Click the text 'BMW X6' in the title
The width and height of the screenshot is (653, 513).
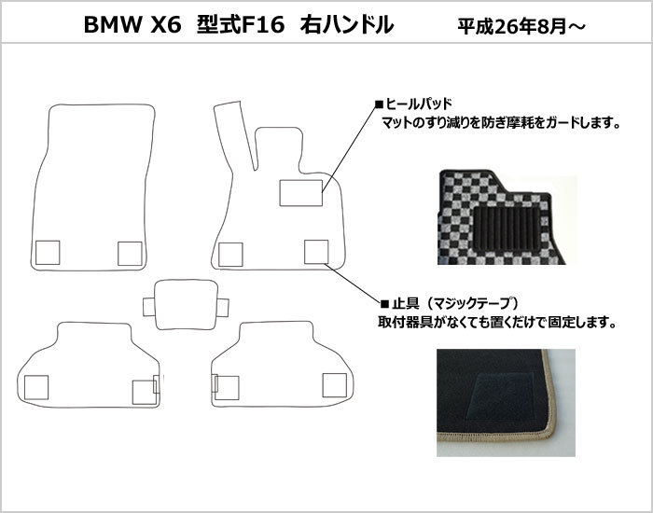coord(132,25)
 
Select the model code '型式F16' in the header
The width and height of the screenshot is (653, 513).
coord(241,25)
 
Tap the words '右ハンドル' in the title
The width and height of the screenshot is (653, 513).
coord(347,25)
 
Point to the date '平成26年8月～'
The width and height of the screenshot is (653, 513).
coord(521,27)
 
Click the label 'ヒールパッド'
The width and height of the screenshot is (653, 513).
coord(418,104)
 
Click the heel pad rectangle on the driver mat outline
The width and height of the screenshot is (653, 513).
coord(300,193)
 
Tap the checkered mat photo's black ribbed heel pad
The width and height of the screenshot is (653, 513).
coord(507,229)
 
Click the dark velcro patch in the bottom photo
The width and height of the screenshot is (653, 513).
coord(500,396)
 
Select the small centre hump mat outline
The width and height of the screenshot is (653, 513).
coord(186,304)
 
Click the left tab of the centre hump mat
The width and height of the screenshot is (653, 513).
coord(148,307)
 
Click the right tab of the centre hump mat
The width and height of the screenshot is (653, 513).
coord(223,307)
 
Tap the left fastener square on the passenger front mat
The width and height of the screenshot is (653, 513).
coord(48,253)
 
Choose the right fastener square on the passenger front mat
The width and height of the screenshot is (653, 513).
coord(130,253)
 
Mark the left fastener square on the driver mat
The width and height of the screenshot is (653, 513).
coord(230,255)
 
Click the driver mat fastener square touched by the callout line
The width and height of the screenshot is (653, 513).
coord(316,252)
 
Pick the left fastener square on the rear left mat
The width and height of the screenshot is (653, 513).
coord(36,387)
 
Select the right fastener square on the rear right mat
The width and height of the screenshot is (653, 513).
coord(334,385)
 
